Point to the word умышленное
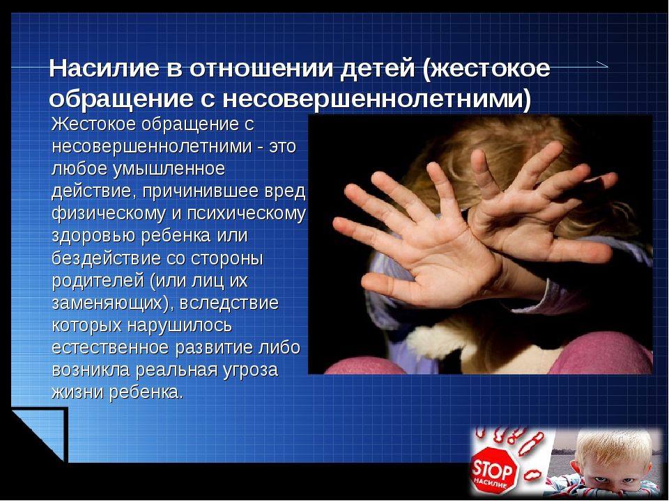169,168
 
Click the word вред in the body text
285,191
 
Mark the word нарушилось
180,326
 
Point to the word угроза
250,370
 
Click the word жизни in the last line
77,392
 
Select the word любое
79,168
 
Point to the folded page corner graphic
39,434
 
